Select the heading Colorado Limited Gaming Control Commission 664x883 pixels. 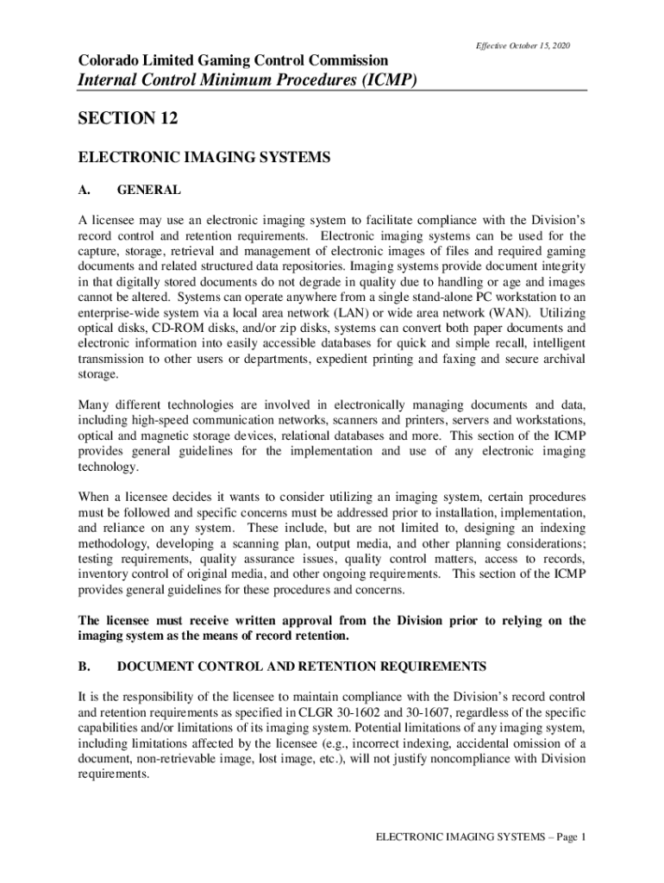click(233, 60)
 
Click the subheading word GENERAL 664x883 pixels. click(148, 190)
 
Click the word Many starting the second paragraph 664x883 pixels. click(95, 404)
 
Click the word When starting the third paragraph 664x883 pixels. click(96, 497)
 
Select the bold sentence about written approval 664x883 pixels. click(332, 629)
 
